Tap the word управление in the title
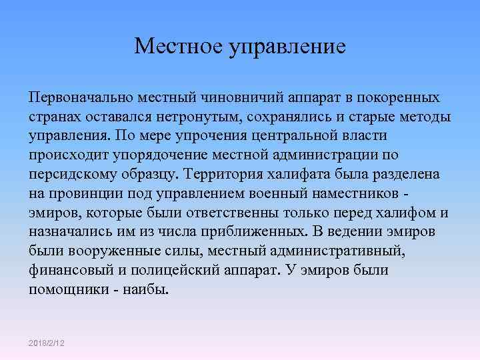pos(287,47)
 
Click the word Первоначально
pos(81,97)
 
